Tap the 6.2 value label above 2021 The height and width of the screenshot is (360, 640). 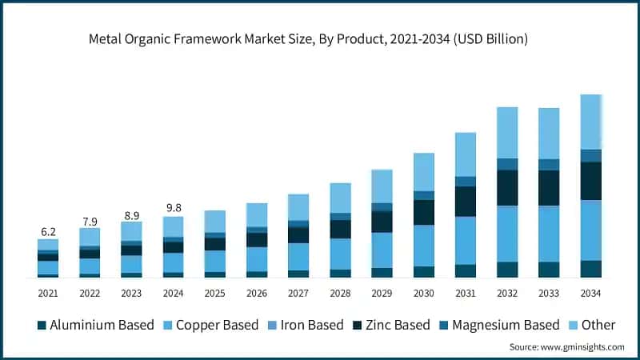(48, 231)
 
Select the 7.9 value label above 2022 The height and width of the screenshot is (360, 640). (90, 221)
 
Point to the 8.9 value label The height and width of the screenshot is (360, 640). (131, 214)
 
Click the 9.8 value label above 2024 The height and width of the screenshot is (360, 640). (173, 208)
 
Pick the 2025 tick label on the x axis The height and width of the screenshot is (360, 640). (214, 294)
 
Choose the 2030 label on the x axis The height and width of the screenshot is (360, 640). (423, 294)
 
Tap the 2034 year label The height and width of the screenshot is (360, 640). (590, 294)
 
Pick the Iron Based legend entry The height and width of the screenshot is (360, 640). (305, 325)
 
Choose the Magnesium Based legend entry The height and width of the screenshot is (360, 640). (498, 325)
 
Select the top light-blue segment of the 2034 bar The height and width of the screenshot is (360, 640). (590, 122)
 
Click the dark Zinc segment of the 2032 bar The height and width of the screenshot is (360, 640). (507, 188)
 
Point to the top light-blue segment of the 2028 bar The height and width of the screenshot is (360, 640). (340, 198)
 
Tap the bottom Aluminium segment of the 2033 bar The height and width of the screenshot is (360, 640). (549, 270)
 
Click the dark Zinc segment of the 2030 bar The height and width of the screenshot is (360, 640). (423, 212)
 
